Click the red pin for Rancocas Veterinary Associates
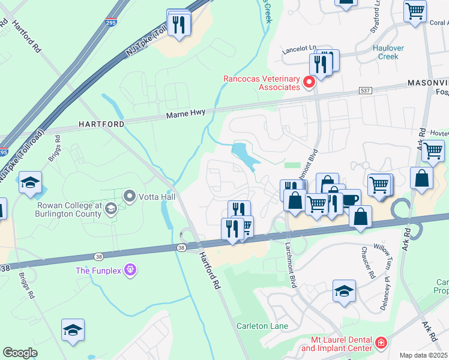310,82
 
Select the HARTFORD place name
101,124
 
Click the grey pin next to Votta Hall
129,196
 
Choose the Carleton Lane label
261,326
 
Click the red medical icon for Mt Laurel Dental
381,343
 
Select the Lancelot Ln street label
300,48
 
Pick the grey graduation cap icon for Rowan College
110,209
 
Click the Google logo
20,352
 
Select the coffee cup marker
349,200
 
